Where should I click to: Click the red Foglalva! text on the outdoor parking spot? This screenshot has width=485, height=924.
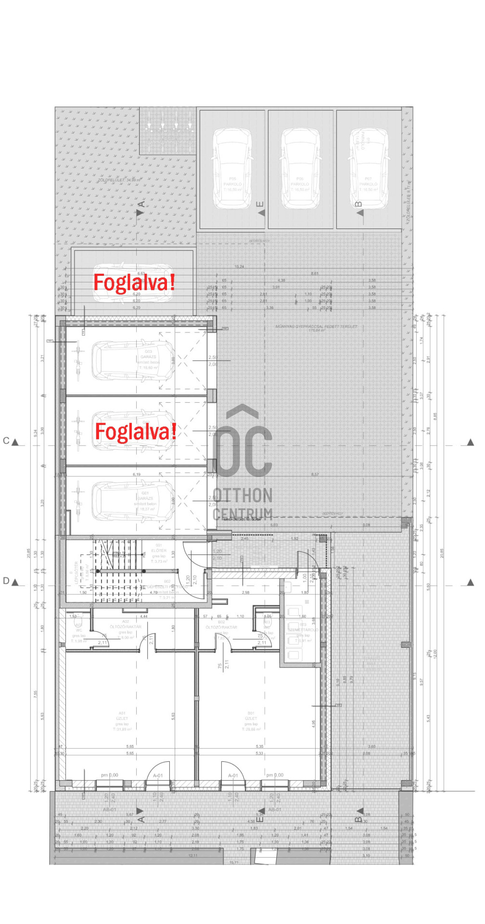click(x=134, y=282)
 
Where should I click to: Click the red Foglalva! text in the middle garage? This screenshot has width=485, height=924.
click(x=135, y=432)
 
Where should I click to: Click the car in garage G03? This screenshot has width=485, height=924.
click(x=133, y=361)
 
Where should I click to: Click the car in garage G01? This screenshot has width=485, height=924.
click(x=133, y=501)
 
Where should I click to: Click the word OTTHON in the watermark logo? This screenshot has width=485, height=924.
click(x=242, y=495)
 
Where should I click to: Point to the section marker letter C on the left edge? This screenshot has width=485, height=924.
click(x=6, y=441)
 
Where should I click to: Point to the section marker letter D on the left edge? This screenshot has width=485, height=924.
click(x=6, y=581)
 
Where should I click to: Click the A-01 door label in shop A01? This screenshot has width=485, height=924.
click(x=158, y=776)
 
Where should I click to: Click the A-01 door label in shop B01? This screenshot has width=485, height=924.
click(x=233, y=776)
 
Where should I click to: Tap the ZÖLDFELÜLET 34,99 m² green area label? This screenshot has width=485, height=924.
click(x=119, y=180)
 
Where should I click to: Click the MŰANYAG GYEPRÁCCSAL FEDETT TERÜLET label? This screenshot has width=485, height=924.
click(x=316, y=327)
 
